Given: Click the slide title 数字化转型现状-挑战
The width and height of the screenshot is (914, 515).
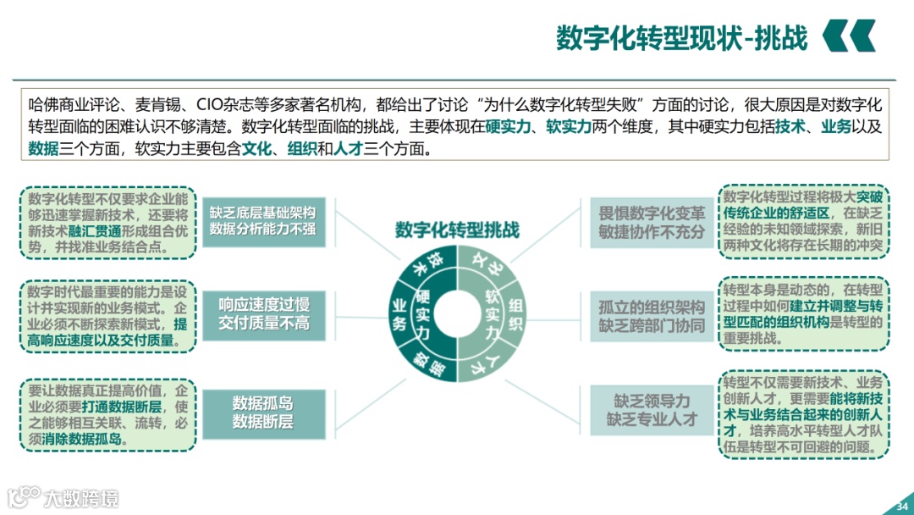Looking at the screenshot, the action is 681,37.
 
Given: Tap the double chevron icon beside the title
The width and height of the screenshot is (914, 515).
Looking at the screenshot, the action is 849,36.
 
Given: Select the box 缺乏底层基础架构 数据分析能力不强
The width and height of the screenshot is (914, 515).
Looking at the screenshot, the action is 262,220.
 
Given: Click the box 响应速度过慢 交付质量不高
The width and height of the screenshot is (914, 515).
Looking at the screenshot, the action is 264,313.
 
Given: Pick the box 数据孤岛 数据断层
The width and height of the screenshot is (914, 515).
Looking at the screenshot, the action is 262,412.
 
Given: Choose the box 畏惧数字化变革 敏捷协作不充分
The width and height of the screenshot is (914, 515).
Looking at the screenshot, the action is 652,222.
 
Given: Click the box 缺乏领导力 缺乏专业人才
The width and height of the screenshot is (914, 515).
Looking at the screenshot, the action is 652,409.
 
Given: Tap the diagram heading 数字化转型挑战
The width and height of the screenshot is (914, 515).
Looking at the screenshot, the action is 457,230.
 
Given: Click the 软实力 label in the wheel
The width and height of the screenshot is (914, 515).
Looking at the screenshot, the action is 493,313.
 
